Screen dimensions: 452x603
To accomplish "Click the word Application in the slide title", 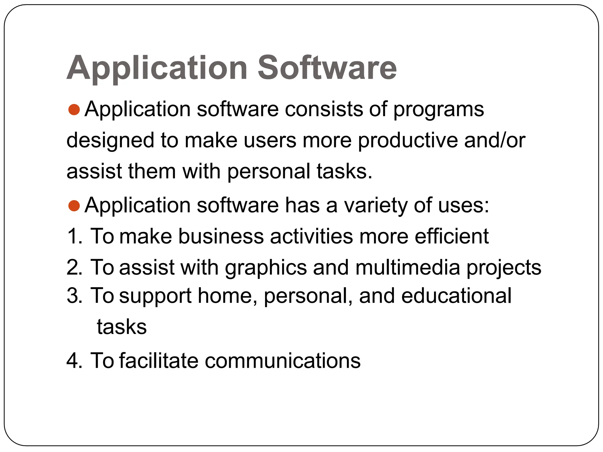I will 157,68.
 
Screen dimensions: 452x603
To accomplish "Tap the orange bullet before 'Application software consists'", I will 74,109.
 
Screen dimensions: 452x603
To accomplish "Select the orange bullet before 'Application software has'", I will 74,206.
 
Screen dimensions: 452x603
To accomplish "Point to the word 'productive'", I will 407,141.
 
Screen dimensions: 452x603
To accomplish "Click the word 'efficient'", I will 452,236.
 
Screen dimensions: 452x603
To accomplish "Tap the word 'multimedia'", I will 407,267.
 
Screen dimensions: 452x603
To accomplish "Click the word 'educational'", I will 456,296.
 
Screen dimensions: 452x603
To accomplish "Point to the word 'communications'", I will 282,361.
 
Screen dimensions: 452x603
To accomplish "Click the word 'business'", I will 221,236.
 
